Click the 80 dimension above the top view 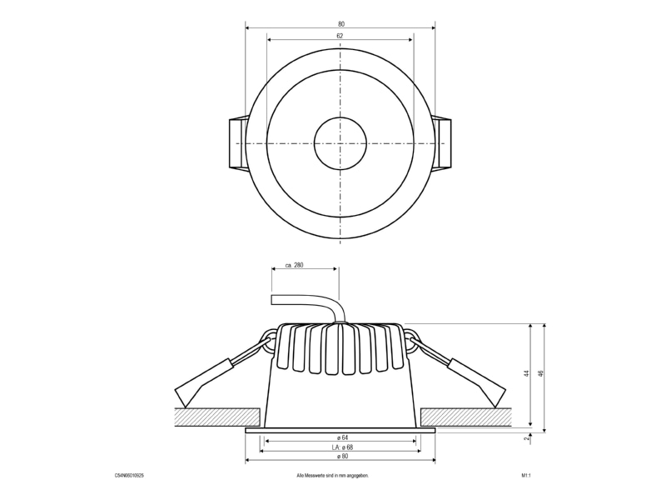[341, 24]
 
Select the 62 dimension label [340, 36]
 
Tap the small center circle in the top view [340, 143]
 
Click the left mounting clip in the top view [238, 143]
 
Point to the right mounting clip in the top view [442, 143]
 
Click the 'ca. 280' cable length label [295, 265]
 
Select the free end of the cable [272, 299]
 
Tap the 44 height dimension [527, 373]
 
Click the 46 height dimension [540, 373]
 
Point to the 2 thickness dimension [527, 438]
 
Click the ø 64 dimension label [341, 437]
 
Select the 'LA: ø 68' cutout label [342, 447]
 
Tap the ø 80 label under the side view [342, 456]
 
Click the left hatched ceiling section [217, 417]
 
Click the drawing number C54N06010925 [129, 476]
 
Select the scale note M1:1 [526, 476]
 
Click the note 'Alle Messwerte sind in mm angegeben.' [332, 476]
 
